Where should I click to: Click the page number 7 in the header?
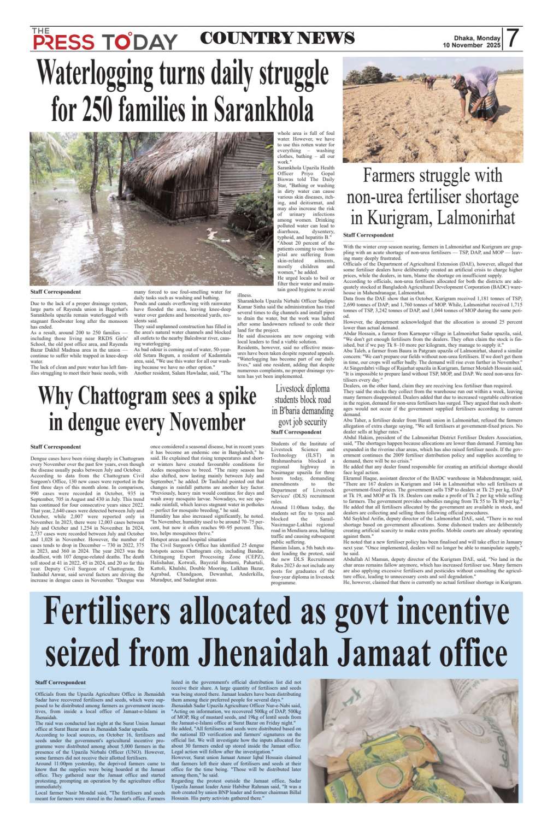click(x=512, y=38)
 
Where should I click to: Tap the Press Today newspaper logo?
click(x=104, y=39)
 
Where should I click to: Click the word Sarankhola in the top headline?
click(x=263, y=108)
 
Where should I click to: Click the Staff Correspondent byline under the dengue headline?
click(x=56, y=447)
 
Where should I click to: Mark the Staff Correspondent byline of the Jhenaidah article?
click(x=60, y=682)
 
